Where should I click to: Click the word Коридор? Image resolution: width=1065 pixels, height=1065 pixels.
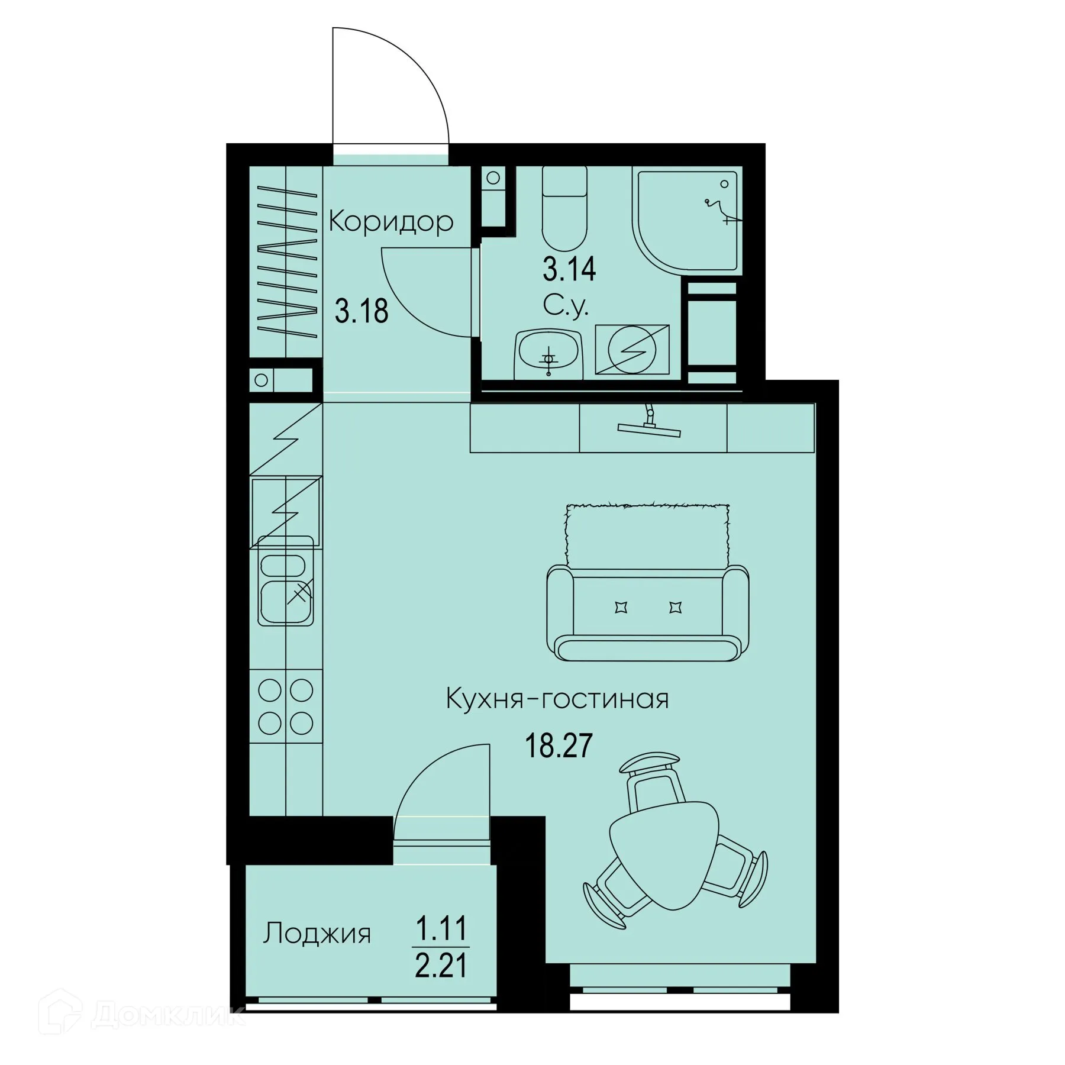pos(391,222)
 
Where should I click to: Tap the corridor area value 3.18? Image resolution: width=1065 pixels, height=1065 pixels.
pos(362,311)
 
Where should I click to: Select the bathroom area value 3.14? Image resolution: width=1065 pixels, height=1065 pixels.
pos(569,270)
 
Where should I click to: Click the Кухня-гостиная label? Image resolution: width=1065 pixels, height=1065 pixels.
pos(557,699)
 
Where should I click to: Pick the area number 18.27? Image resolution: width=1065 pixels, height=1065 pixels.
pos(559,746)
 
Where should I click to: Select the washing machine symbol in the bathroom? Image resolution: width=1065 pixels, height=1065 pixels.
pos(632,350)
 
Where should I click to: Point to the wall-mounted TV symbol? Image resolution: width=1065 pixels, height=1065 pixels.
pos(649,425)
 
